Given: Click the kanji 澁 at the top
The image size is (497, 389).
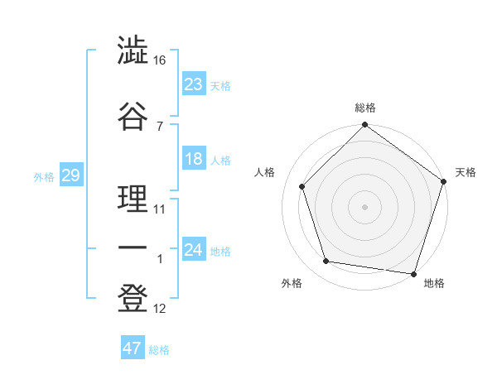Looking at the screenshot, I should tap(133, 51).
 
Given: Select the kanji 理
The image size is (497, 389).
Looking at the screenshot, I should tap(133, 199).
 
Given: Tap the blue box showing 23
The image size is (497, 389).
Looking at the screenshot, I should tap(194, 84).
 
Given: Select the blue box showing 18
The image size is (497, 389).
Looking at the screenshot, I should tap(194, 160).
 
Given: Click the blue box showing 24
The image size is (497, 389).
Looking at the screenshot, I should tap(194, 250).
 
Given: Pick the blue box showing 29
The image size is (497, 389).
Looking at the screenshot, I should tap(70, 175).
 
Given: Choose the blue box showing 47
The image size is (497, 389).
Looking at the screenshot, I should tap(133, 348).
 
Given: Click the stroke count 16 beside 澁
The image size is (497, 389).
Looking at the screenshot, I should tap(160, 60).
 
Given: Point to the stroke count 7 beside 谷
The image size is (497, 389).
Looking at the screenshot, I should tap(160, 126).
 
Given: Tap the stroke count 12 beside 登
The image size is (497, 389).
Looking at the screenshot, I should tap(160, 309).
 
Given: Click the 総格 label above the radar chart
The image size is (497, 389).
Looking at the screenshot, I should tap(365, 108).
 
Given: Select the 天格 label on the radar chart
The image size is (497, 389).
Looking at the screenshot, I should tap(466, 172).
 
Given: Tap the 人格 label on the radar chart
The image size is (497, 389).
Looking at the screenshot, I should tap(265, 172).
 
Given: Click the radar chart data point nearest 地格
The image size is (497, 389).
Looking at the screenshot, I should tap(413, 273).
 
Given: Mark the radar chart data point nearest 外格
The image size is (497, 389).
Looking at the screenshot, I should tap(326, 262).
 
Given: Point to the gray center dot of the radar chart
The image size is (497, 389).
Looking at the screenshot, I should tap(364, 206).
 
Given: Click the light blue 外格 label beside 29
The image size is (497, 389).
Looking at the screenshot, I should tap(44, 176).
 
